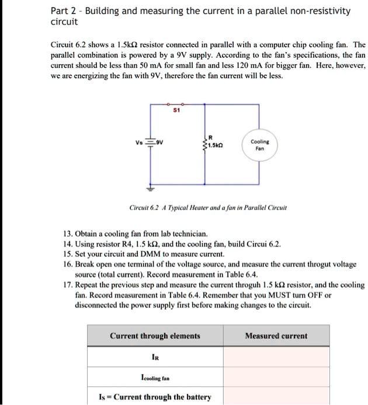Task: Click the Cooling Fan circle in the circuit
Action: tap(260, 145)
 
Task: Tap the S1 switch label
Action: tap(178, 110)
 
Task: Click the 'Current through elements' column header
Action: tap(155, 336)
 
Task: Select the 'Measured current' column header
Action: tap(276, 336)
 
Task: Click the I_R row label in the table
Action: tap(155, 357)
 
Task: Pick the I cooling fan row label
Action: tap(155, 378)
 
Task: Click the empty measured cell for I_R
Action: tap(276, 357)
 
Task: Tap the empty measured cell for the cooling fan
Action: tap(276, 378)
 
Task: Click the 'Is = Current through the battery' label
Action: tap(155, 397)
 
